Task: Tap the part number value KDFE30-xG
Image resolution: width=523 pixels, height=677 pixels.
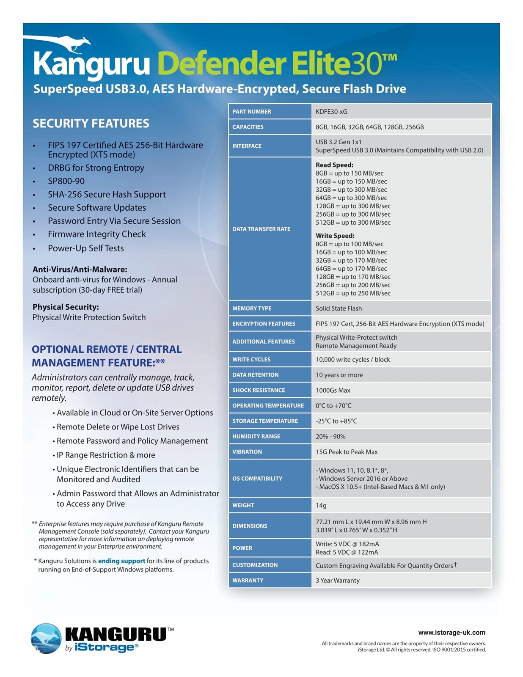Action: coord(331,112)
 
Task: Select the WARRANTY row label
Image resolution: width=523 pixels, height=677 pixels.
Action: coord(248,581)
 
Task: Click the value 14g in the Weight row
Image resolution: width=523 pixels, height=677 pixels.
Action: coord(321,505)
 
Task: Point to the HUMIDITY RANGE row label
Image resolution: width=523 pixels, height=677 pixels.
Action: coord(256,436)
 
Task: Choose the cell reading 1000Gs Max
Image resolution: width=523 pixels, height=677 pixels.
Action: coord(333,390)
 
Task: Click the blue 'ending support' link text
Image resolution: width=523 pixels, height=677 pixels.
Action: coord(121,561)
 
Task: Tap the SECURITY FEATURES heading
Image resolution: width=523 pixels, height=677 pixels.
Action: coord(91,124)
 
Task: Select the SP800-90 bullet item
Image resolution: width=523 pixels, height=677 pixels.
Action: coord(66,181)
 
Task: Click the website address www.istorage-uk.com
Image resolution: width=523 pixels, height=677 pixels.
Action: coord(451,633)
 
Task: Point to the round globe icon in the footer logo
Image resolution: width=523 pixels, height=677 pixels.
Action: coord(46,638)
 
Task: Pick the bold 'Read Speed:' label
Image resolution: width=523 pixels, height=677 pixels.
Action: coord(334,165)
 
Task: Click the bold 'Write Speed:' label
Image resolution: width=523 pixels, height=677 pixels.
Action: coord(335,236)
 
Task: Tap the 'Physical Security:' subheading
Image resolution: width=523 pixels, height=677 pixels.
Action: coord(66,307)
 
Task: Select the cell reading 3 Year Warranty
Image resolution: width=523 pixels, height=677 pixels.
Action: coord(338,581)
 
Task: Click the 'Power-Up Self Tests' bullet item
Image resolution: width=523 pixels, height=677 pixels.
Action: coord(86,248)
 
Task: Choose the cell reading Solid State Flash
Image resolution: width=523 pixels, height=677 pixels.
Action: coord(339,308)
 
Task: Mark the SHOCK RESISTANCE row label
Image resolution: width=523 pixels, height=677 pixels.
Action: coord(259,390)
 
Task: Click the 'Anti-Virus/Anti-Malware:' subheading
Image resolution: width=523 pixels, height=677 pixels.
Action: coord(80,270)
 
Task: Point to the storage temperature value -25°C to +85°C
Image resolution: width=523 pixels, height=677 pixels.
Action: coord(336,421)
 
